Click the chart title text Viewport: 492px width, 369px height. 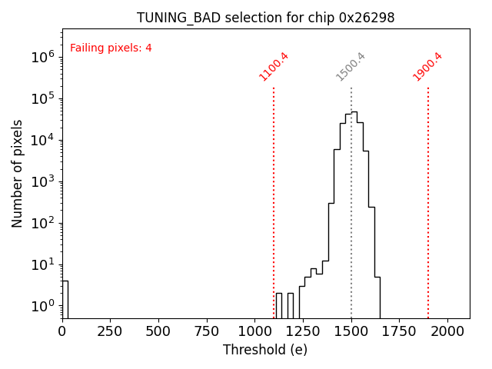265,18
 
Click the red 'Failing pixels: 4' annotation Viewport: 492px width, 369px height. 111,48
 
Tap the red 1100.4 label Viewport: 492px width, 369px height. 274,66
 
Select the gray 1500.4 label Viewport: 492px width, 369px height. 351,66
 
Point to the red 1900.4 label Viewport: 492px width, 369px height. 427,66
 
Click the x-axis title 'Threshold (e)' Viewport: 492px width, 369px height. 265,350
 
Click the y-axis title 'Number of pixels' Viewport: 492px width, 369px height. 18,173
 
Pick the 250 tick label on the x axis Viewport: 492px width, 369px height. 110,331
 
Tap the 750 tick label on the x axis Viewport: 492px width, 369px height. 207,331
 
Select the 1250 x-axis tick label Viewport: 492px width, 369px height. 303,331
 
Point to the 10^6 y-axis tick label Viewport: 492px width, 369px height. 41,57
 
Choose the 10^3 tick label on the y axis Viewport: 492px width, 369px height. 41,181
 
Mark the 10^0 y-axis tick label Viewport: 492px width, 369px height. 41,306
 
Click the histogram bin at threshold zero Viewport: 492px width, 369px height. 65,300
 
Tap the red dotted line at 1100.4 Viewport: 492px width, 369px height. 274,192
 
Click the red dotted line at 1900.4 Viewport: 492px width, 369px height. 428,192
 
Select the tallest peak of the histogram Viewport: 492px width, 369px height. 354,112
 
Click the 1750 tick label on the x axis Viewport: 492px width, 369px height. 400,331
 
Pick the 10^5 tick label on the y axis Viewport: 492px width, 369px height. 41,98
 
